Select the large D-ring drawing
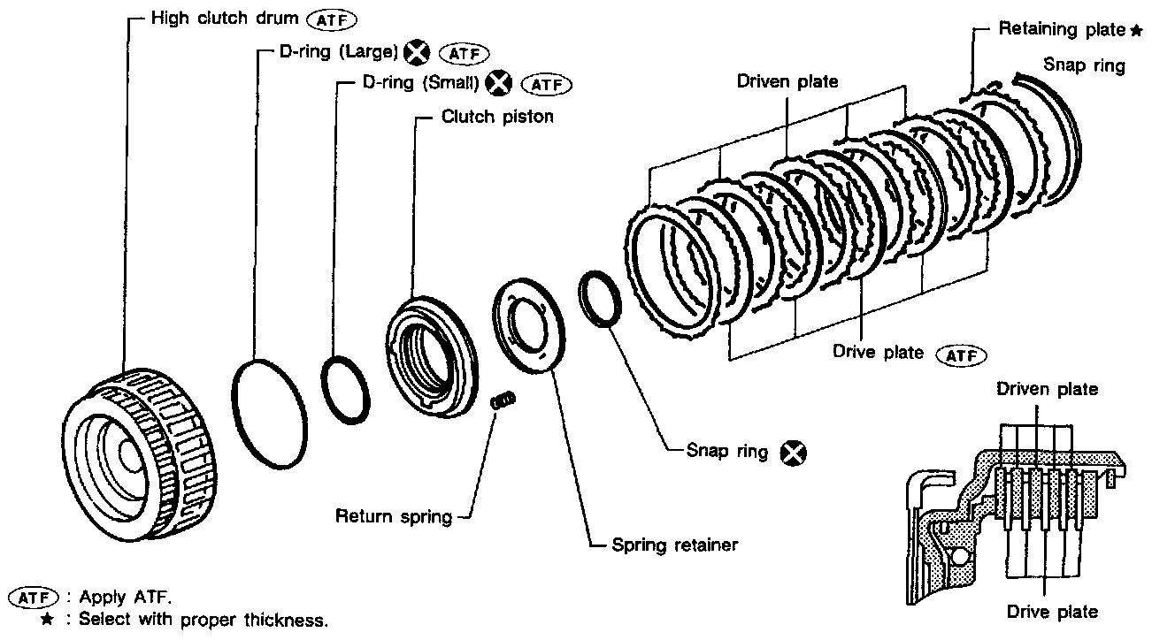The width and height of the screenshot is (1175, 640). (271, 408)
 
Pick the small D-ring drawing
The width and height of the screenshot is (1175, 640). (344, 388)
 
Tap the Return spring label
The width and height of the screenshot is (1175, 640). (393, 516)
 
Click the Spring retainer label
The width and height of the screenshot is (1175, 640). (674, 545)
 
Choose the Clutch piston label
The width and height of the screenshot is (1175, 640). (497, 116)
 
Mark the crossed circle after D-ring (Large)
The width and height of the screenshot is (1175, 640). (415, 53)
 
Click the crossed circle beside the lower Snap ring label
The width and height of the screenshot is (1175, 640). (794, 453)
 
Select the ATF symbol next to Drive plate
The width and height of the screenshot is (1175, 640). (960, 354)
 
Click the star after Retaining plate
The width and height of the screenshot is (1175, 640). (1136, 31)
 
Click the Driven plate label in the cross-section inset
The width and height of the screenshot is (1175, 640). (1047, 389)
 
